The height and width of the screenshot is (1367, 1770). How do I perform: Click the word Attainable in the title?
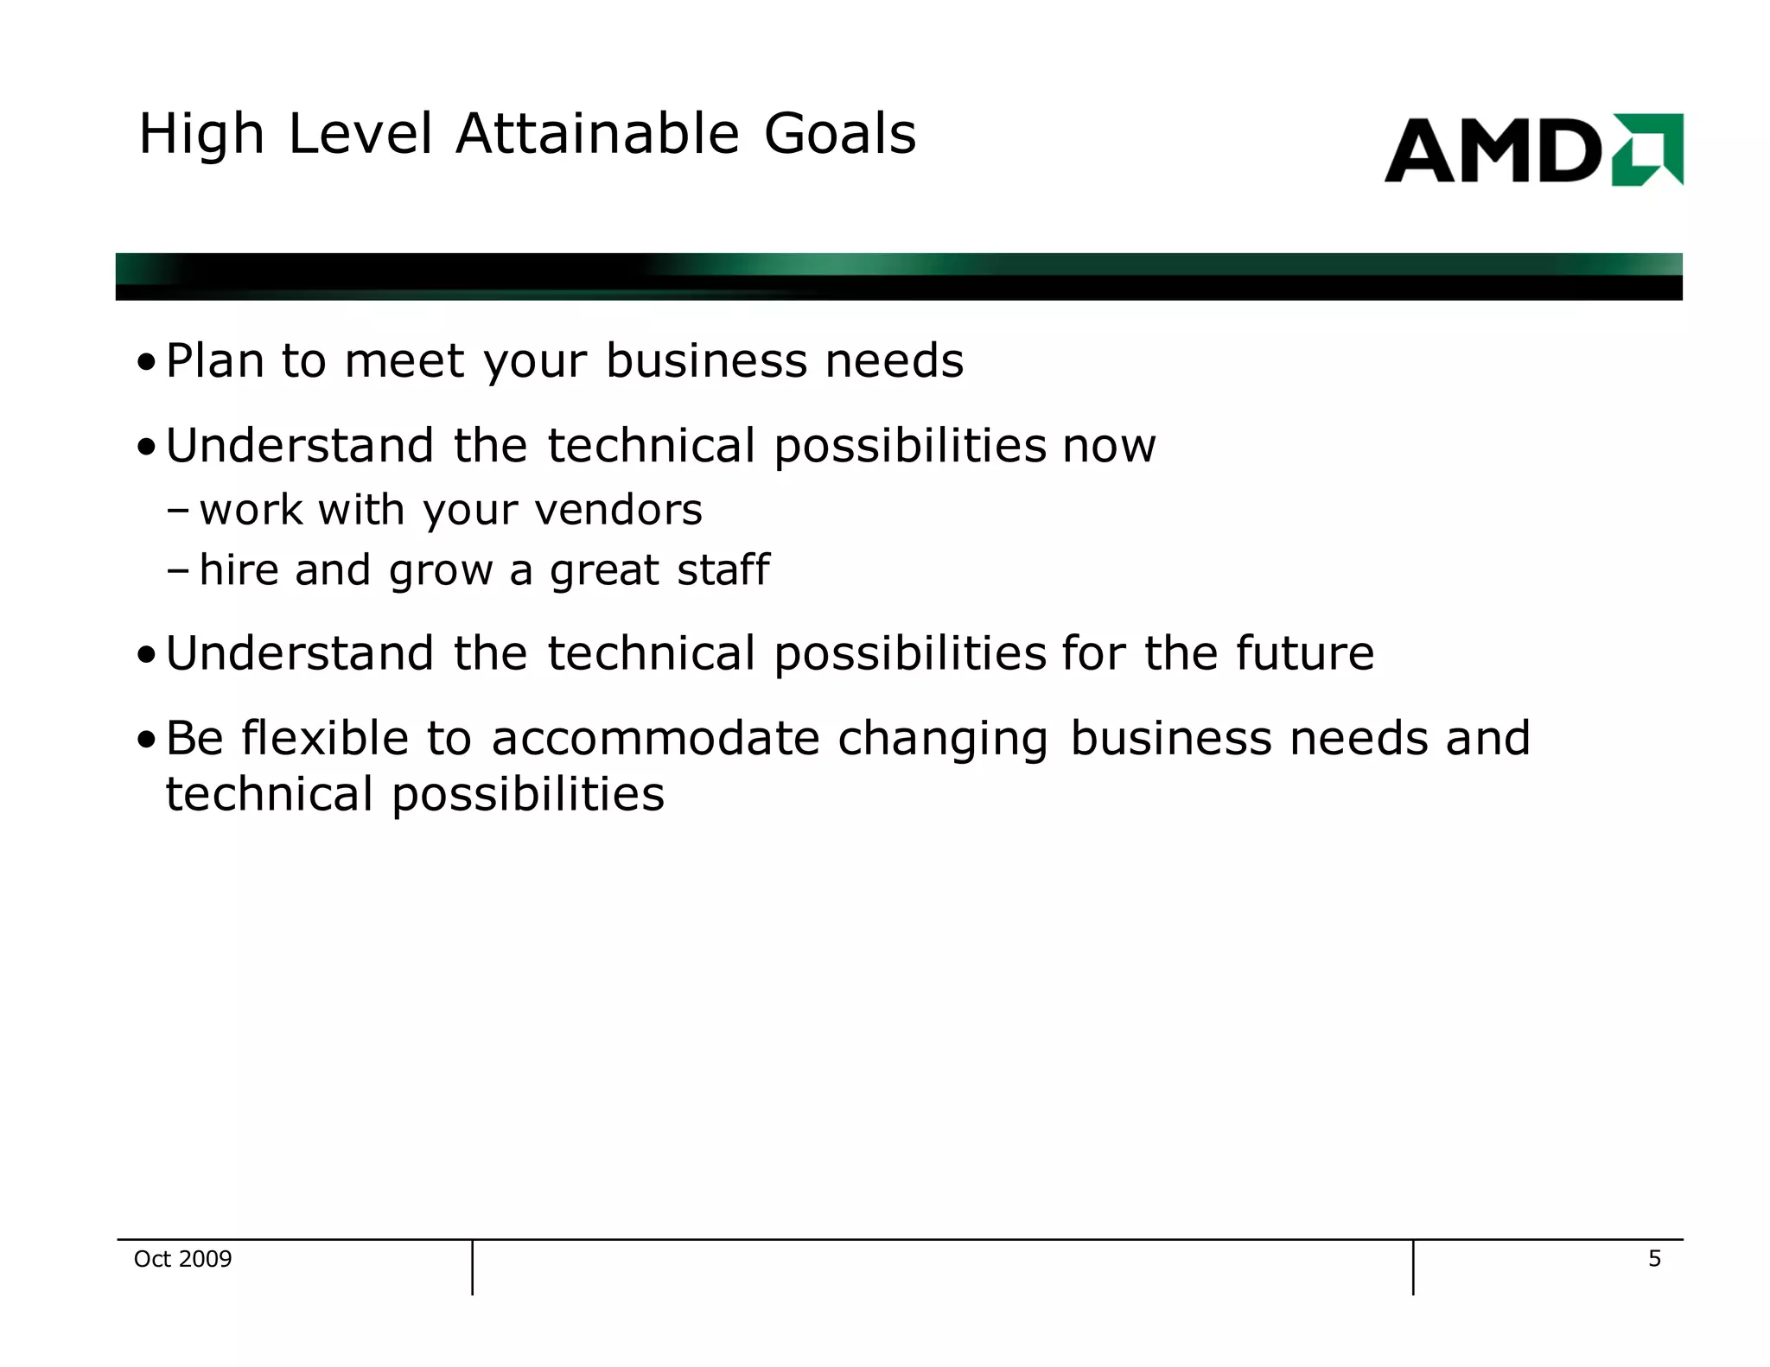pos(597,135)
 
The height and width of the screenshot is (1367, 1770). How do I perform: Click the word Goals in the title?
pos(839,135)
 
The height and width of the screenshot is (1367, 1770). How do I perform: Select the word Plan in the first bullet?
pos(214,361)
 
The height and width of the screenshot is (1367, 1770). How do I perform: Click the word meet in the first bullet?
pos(404,361)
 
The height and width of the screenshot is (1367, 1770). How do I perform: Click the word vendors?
pos(619,510)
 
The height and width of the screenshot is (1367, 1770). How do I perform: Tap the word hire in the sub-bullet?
pos(238,570)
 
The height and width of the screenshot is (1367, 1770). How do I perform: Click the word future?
pos(1304,654)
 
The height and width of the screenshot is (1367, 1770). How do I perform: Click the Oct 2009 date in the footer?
pos(182,1259)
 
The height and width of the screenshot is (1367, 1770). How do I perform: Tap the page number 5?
pos(1654,1259)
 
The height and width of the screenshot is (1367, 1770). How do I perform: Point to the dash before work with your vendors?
pos(178,511)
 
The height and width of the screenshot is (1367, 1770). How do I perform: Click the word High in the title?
pos(201,137)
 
